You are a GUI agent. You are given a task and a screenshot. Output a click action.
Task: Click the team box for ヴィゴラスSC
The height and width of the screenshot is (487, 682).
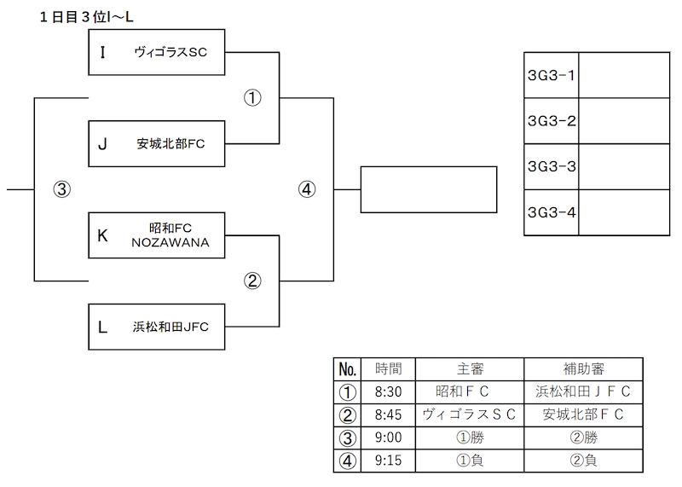tap(157, 52)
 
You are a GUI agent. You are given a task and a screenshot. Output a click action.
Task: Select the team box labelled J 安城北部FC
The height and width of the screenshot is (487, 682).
tap(157, 143)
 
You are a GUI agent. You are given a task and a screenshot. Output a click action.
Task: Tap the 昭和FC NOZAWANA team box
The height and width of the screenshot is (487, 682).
tap(157, 235)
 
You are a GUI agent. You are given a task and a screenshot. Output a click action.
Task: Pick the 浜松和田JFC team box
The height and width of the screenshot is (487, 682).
tap(157, 327)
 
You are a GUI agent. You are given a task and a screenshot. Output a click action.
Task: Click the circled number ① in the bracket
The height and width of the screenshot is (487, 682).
tap(252, 98)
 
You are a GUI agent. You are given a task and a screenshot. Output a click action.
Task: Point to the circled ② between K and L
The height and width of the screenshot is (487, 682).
tap(252, 281)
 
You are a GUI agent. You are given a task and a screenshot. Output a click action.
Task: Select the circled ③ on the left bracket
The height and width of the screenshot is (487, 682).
tap(61, 189)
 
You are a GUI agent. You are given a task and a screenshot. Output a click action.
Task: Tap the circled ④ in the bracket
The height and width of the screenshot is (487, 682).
tap(307, 189)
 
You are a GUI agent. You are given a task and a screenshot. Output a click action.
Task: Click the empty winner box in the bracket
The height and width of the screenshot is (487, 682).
tap(429, 189)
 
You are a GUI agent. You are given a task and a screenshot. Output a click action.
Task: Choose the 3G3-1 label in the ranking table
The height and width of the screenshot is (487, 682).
tap(551, 75)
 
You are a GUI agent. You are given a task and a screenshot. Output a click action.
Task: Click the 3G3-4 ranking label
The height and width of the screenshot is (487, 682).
tap(551, 212)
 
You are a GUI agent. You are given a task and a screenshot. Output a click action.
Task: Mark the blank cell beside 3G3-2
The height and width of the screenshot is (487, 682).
tap(624, 121)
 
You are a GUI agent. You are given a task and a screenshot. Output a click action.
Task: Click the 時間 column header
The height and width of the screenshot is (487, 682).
tap(389, 369)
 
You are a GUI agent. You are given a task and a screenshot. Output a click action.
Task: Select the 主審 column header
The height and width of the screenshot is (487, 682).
tap(470, 369)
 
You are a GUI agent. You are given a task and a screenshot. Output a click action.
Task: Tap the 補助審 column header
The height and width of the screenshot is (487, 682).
tap(583, 369)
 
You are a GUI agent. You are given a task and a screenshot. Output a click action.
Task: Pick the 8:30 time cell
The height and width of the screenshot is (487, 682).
tap(389, 391)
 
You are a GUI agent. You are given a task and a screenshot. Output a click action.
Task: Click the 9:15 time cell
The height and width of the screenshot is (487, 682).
tap(389, 461)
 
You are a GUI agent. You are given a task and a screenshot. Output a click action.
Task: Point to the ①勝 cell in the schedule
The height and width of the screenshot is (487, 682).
tap(470, 438)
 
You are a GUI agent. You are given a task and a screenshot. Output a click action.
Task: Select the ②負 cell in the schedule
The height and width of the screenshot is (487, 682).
tap(583, 461)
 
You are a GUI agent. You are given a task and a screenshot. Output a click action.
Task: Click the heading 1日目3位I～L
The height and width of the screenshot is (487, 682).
tap(86, 17)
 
